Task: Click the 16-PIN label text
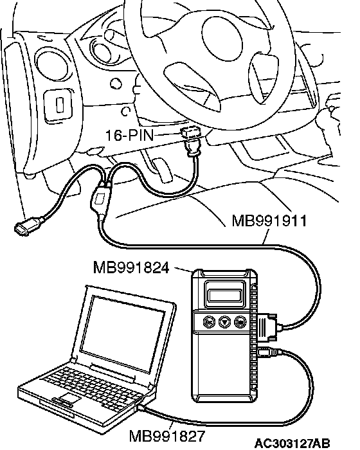pos(130,135)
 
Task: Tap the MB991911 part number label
pos(269,221)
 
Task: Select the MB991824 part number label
pos(131,268)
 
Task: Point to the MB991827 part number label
pos(167,437)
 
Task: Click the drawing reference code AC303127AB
pos(292,444)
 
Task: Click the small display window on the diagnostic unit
pos(226,294)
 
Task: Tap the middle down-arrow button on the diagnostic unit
pos(224,322)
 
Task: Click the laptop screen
pos(122,333)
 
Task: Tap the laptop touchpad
pos(70,398)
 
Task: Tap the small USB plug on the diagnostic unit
pos(267,352)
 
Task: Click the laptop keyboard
pos(94,386)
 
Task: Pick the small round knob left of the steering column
pos(116,84)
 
